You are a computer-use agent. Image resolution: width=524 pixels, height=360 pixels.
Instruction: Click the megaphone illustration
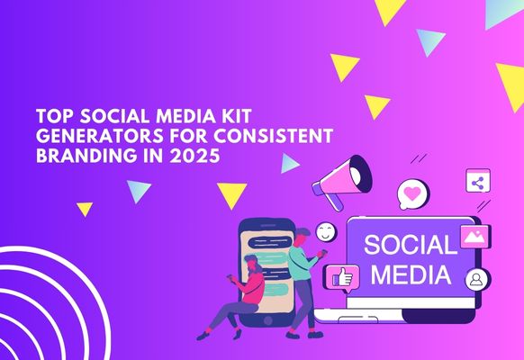[x=342, y=182]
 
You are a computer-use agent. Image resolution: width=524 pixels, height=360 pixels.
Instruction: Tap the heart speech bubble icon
[x=412, y=194]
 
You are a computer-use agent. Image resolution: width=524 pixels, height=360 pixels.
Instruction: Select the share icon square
[x=478, y=181]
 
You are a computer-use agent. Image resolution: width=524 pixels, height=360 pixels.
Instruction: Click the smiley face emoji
[x=326, y=232]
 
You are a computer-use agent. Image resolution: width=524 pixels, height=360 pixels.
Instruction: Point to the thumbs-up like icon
[x=342, y=278]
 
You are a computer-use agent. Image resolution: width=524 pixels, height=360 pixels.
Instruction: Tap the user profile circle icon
[x=476, y=280]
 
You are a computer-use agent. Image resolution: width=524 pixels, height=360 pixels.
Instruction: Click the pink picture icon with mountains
[x=474, y=237]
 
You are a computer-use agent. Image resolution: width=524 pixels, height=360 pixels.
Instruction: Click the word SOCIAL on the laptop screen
[x=411, y=245]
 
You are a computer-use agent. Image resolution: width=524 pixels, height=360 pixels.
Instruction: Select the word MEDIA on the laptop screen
[x=411, y=274]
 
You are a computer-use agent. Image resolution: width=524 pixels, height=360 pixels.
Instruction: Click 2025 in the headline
[x=194, y=156]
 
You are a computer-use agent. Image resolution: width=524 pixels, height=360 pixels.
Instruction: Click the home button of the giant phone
[x=267, y=320]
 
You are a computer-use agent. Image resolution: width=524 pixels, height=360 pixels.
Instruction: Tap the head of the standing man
[x=303, y=237]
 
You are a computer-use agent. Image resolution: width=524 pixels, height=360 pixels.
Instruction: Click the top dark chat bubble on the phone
[x=271, y=242]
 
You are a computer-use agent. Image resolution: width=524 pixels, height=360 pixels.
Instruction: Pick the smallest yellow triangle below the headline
[x=85, y=209]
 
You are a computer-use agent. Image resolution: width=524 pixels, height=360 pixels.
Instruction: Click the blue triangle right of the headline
[x=289, y=163]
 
